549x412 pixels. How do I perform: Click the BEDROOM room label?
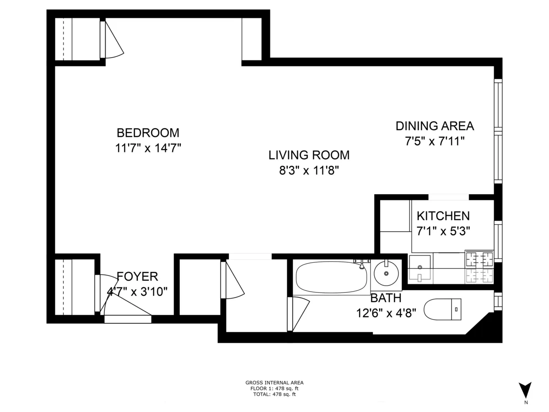[148, 133]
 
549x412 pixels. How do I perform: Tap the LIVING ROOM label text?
[309, 155]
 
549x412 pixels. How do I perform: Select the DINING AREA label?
[435, 126]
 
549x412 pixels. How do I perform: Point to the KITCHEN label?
[443, 216]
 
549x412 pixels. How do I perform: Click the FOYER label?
[137, 276]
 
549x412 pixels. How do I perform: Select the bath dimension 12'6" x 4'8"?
[386, 313]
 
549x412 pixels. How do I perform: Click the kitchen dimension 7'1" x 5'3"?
[443, 231]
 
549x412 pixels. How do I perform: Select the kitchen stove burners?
[479, 259]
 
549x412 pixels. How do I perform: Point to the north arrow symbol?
[526, 390]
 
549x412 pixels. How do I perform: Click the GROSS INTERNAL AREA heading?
[274, 383]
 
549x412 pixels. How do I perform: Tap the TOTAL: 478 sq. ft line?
[274, 394]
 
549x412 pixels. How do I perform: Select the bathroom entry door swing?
[297, 314]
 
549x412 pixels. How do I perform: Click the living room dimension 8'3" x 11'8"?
[309, 171]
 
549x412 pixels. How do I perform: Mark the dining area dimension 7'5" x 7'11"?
[435, 141]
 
